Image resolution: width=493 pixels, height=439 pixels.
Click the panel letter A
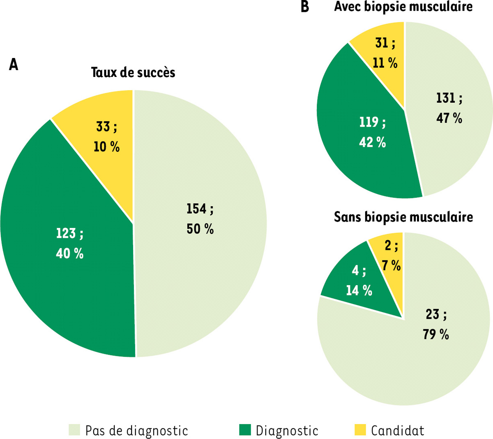pyautogui.click(x=14, y=65)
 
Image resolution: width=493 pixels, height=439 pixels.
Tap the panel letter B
pyautogui.click(x=305, y=7)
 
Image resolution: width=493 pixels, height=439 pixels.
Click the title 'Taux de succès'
pyautogui.click(x=133, y=72)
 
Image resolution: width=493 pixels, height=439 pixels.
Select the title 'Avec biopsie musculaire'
pyautogui.click(x=403, y=7)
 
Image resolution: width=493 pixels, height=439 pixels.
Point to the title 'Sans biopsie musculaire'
pyautogui.click(x=403, y=217)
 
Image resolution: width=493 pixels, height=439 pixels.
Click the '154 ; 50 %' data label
pyautogui.click(x=200, y=219)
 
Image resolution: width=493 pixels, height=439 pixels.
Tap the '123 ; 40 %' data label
pyautogui.click(x=69, y=244)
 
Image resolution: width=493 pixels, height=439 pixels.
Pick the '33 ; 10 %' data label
pyautogui.click(x=106, y=137)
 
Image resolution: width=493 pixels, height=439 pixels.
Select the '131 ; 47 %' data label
pyautogui.click(x=449, y=108)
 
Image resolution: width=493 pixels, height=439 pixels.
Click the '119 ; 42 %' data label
pyautogui.click(x=372, y=132)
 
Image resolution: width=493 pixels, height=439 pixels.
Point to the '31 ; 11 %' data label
pyautogui.click(x=385, y=53)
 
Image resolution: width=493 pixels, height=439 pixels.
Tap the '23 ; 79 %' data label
pyautogui.click(x=436, y=324)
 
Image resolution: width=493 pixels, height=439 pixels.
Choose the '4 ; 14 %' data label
pyautogui.click(x=359, y=281)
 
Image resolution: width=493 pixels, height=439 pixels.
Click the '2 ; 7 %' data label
pyautogui.click(x=391, y=256)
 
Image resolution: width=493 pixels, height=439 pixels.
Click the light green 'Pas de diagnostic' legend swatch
pyautogui.click(x=74, y=430)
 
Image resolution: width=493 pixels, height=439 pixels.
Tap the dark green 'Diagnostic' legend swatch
pyautogui.click(x=245, y=430)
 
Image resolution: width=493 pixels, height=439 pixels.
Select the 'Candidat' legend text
pyautogui.click(x=397, y=430)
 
